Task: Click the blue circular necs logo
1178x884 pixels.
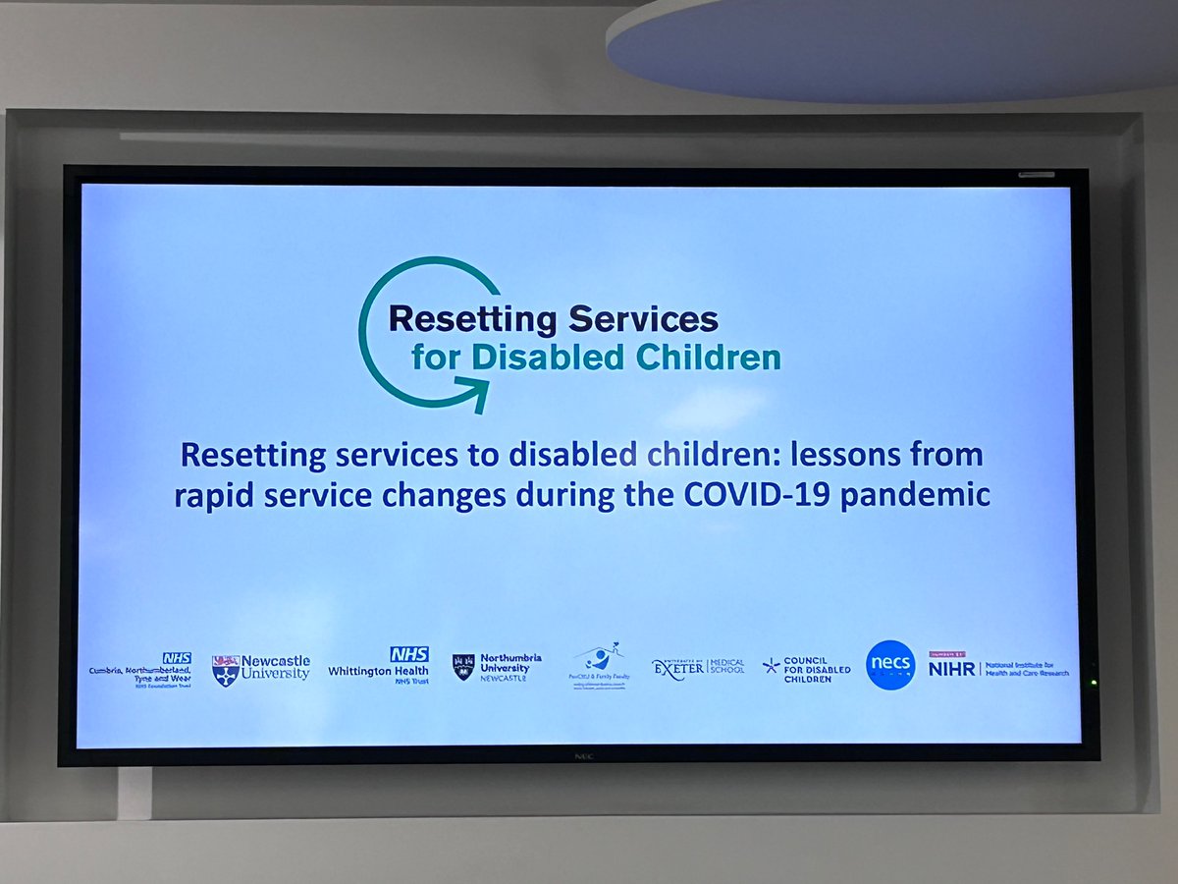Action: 890,665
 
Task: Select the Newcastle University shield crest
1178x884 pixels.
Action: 225,670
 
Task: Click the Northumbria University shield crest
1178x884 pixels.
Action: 463,667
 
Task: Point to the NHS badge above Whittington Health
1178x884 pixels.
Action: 409,653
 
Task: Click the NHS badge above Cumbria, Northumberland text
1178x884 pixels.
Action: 177,658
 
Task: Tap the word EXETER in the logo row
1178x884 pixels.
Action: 678,667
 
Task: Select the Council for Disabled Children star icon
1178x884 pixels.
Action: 772,666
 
